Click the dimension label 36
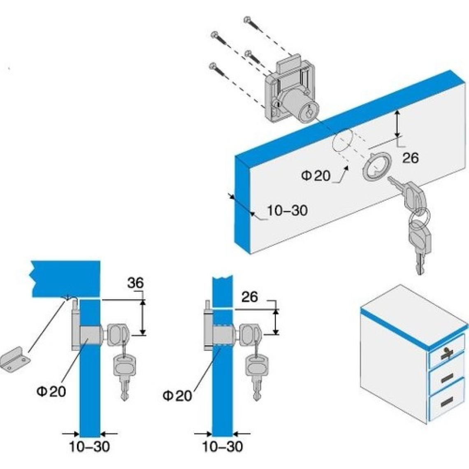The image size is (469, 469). point(135,283)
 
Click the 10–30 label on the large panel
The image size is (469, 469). point(287,211)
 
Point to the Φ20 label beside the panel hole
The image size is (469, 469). point(316,176)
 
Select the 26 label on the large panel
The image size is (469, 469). point(410,158)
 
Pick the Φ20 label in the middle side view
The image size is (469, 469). point(177,396)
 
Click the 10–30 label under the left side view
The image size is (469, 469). point(89,446)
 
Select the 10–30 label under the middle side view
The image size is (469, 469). point(222,446)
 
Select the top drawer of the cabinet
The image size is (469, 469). point(447,355)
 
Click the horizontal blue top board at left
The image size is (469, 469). point(66,278)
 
